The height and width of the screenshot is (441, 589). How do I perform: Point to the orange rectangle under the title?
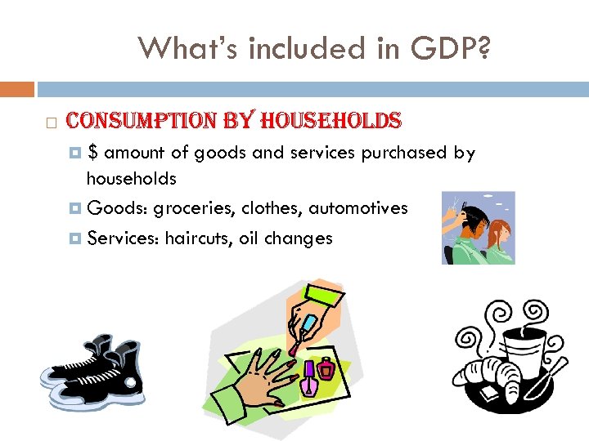tap(17, 88)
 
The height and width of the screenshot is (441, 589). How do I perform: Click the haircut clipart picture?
tap(479, 227)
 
